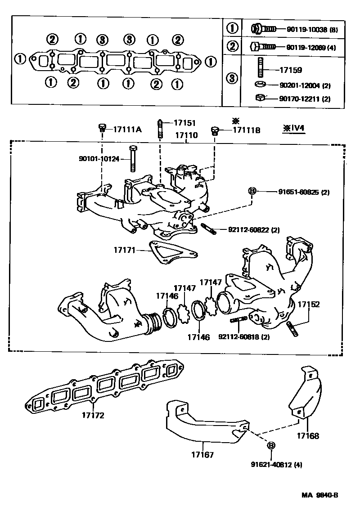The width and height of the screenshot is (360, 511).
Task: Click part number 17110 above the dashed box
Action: [186, 135]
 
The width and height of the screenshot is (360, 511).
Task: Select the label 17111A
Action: [127, 130]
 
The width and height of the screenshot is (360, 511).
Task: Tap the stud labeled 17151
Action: [160, 130]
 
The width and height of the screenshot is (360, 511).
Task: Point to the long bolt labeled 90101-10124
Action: [132, 158]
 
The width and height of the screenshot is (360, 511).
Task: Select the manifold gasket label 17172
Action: [93, 415]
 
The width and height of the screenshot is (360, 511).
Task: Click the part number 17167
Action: [202, 454]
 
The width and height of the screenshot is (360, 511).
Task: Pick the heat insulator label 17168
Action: [308, 436]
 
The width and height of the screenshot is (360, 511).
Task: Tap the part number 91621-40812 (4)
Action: [276, 465]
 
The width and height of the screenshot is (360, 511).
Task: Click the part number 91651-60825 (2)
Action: [304, 192]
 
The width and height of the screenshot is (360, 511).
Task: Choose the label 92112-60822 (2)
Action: [254, 230]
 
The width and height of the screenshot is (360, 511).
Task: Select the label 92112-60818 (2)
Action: [244, 337]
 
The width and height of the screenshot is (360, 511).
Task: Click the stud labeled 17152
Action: [292, 328]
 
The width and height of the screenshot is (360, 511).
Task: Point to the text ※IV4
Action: [293, 128]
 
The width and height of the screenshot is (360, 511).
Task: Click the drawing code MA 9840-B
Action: [319, 495]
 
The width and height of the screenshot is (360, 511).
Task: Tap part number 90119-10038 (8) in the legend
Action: [312, 30]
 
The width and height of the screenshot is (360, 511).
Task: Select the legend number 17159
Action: [291, 70]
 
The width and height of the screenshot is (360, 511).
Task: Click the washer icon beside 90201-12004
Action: [260, 85]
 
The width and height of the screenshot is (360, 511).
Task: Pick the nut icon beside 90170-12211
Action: [260, 97]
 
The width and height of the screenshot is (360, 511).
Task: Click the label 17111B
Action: [247, 130]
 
